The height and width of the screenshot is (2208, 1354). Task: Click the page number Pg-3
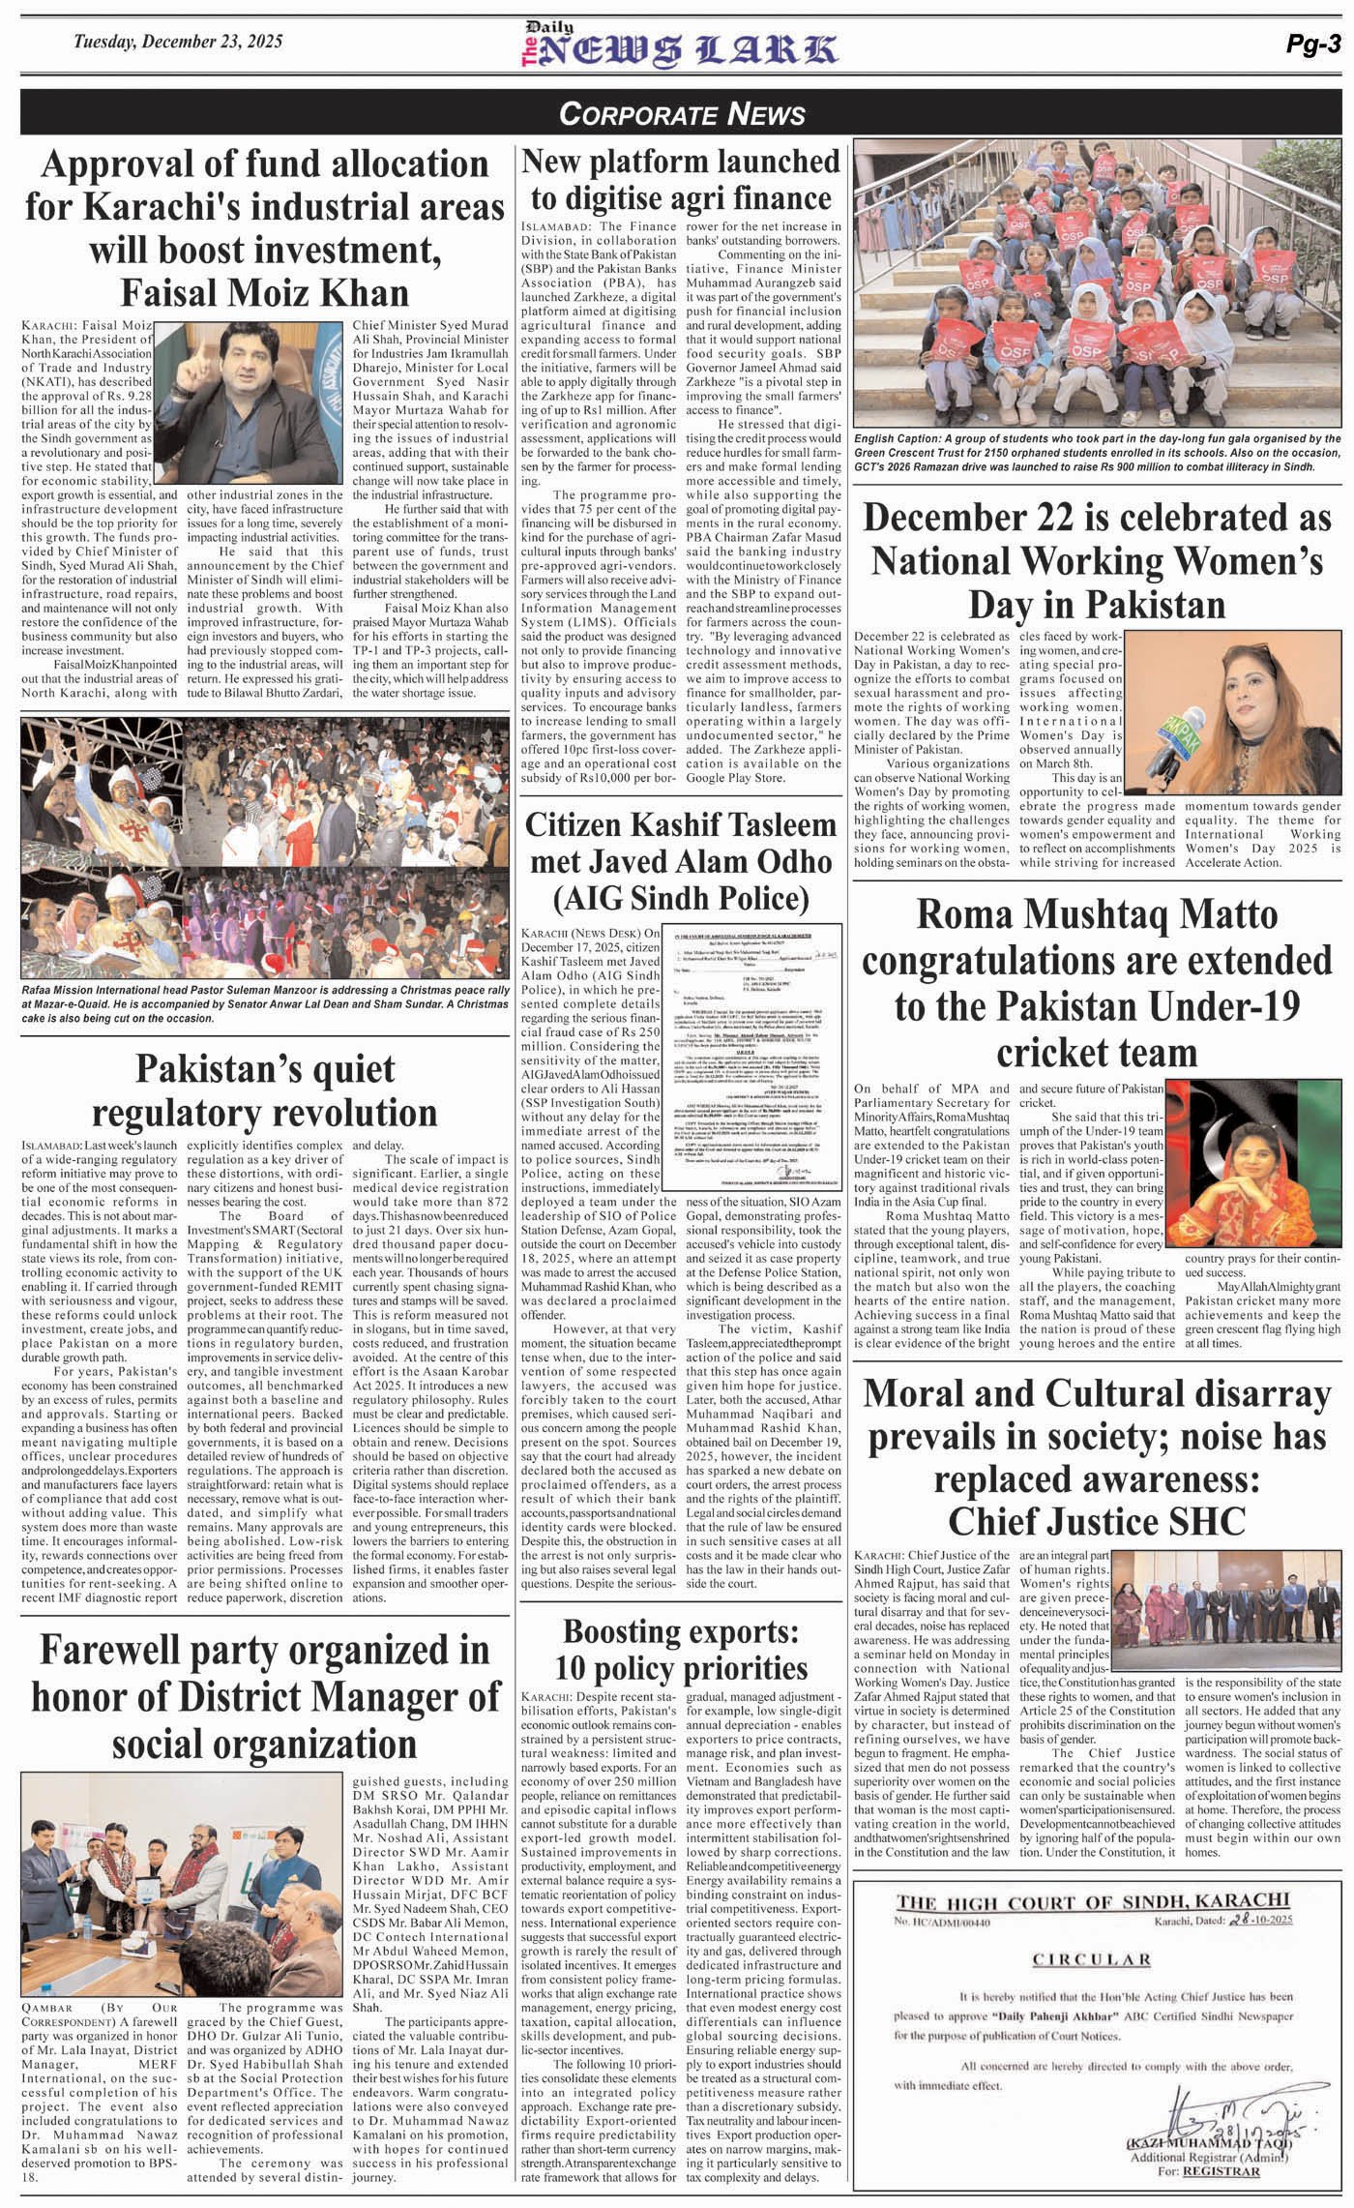coord(1311,44)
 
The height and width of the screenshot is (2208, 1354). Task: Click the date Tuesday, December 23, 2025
coord(179,42)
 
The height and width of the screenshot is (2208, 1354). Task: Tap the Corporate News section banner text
coord(681,115)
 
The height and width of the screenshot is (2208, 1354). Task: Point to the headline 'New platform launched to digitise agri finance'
coord(681,179)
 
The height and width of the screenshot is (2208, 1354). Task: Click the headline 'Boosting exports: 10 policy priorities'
coord(681,1650)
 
